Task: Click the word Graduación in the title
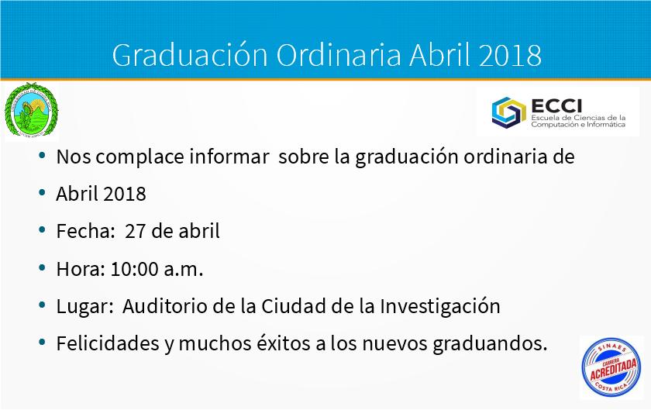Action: pyautogui.click(x=190, y=55)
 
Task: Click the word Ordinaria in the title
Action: pyautogui.click(x=339, y=54)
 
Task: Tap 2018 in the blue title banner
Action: pyautogui.click(x=510, y=55)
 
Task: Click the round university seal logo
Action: pyautogui.click(x=31, y=111)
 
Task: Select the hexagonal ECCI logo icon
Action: pyautogui.click(x=508, y=112)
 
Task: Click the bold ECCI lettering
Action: pyautogui.click(x=556, y=106)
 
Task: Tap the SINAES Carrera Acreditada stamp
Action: pyautogui.click(x=611, y=367)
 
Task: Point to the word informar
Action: pyautogui.click(x=229, y=157)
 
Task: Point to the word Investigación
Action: pyautogui.click(x=440, y=307)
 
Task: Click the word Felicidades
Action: pyautogui.click(x=108, y=343)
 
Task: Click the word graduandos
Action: pyautogui.click(x=490, y=344)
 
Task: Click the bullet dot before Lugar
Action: pyautogui.click(x=42, y=305)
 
